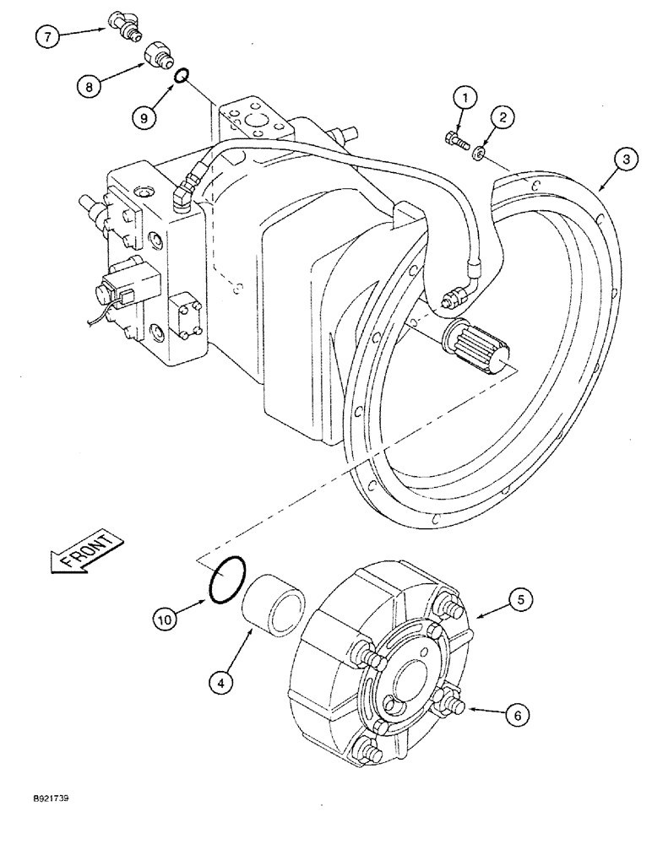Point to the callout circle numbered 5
pyautogui.click(x=520, y=600)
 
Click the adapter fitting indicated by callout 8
pyautogui.click(x=157, y=57)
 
